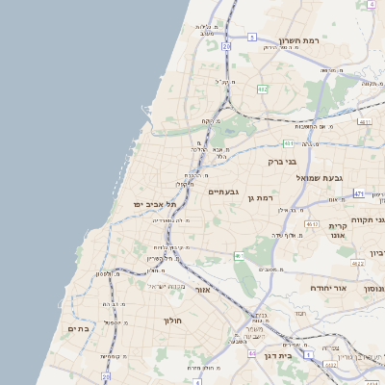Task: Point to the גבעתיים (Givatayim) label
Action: pos(229,192)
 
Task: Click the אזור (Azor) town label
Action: pos(202,289)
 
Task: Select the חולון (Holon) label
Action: pos(172,320)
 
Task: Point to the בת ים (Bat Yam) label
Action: pos(78,328)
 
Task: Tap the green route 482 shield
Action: pos(262,89)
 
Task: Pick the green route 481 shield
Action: pos(288,142)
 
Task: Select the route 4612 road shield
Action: pos(310,223)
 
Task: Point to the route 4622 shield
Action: pos(357,262)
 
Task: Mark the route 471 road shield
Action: pos(358,193)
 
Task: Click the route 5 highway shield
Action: pos(251,37)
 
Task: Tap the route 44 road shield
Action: pos(252,353)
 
